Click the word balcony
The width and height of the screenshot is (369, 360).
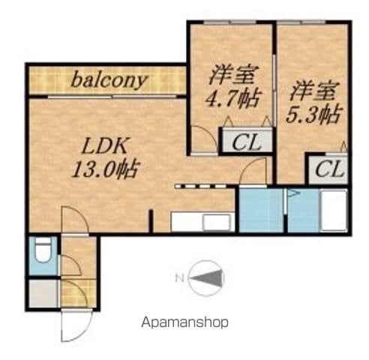click(109, 80)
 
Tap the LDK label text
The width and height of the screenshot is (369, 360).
click(104, 146)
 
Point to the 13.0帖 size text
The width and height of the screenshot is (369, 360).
click(106, 169)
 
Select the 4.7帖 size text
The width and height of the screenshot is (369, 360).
click(233, 99)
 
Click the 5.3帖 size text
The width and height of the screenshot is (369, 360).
click(314, 115)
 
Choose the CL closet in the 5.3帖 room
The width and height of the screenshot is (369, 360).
click(328, 169)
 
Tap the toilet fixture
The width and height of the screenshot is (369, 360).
click(43, 250)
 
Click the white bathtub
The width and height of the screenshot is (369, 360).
click(334, 211)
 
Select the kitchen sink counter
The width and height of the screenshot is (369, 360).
click(203, 222)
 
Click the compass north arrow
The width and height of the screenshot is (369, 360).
click(207, 278)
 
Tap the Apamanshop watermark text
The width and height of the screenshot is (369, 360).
click(184, 322)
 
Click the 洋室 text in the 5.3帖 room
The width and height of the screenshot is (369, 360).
click(313, 91)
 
